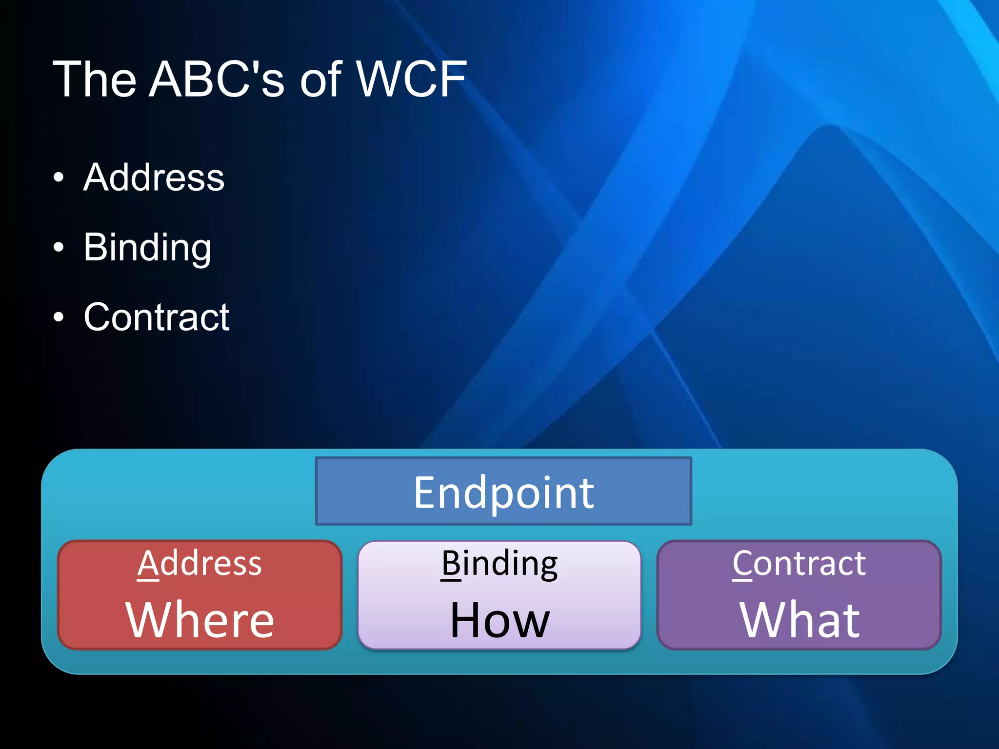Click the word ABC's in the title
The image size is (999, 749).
[x=216, y=79]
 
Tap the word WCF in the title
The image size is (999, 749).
[x=411, y=79]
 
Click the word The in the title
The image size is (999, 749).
[x=94, y=79]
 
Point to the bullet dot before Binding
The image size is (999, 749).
[x=59, y=248]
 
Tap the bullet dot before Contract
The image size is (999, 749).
[x=59, y=317]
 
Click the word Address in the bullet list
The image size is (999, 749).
[x=154, y=177]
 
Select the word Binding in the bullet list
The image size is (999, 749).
[x=147, y=248]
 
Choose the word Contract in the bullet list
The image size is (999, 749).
[x=156, y=317]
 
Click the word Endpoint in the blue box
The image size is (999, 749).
[x=503, y=493]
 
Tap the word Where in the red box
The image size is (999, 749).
[x=200, y=620]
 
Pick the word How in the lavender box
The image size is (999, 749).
[x=499, y=620]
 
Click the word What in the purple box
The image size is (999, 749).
[x=799, y=620]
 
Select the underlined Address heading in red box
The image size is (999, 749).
[x=200, y=564]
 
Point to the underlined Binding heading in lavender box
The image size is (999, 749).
[x=499, y=564]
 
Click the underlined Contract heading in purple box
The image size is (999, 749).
[x=799, y=564]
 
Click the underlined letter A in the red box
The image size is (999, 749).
[x=148, y=564]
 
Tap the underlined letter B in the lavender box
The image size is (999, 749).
[x=451, y=564]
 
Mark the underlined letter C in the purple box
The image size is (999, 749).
[x=742, y=564]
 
